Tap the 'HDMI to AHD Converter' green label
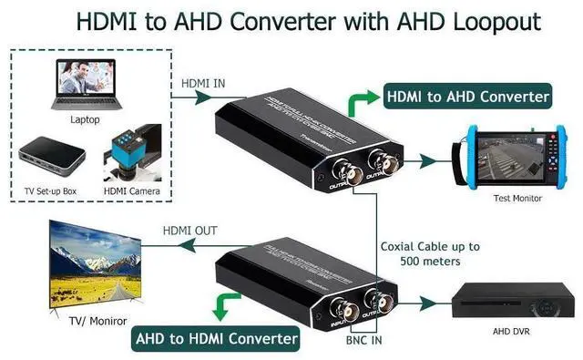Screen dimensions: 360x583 (468, 96)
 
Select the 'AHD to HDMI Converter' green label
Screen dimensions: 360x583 (216, 339)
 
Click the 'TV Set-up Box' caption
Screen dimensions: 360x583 (54, 191)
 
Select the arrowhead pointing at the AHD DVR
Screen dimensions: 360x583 (442, 301)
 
